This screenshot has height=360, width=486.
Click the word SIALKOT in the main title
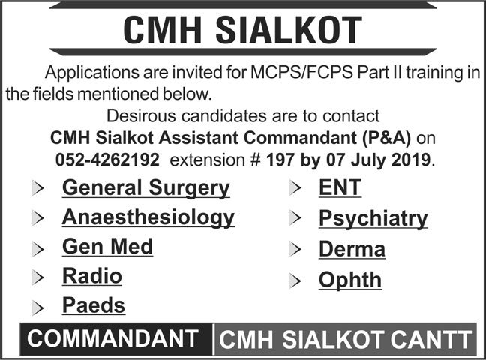[289, 31]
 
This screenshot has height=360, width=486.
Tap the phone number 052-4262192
[107, 160]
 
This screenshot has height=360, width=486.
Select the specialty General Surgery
[146, 188]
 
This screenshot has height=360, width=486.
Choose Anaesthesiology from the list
[148, 218]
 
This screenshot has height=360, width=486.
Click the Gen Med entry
[107, 247]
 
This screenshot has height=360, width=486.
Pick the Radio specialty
[92, 276]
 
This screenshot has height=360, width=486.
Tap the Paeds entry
[94, 305]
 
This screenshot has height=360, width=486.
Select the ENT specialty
[340, 188]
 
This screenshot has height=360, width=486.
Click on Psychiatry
[373, 219]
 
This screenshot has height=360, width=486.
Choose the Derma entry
[352, 249]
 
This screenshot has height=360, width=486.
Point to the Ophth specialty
[350, 280]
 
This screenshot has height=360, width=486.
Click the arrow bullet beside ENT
[295, 187]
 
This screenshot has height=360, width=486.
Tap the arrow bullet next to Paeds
[37, 307]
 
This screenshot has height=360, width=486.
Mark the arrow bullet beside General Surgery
[37, 188]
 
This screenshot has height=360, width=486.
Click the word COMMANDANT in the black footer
[112, 338]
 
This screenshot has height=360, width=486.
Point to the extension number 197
[280, 160]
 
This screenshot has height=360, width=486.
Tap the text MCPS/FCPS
[301, 72]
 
